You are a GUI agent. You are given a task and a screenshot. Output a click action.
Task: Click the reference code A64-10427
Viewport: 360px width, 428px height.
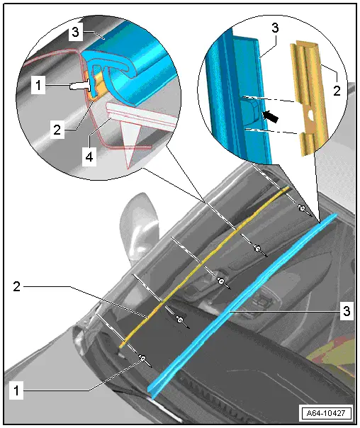click(x=325, y=412)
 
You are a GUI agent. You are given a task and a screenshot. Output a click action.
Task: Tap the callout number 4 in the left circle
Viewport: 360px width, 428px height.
click(x=89, y=157)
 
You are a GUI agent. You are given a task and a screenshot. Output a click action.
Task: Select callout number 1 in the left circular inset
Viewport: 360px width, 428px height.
click(x=38, y=85)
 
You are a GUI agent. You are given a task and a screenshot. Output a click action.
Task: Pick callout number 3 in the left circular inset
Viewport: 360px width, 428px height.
click(x=75, y=32)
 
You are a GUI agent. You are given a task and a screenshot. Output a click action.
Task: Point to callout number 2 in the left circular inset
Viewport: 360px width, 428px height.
click(x=57, y=130)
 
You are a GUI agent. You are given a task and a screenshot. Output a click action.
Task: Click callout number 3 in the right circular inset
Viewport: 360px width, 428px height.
click(x=275, y=28)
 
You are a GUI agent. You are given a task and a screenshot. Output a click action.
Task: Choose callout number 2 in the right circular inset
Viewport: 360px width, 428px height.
click(x=337, y=91)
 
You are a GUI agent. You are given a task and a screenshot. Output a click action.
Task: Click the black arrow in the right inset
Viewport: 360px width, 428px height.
click(x=270, y=116)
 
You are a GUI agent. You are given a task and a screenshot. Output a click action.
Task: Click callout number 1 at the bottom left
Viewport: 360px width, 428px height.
click(x=16, y=390)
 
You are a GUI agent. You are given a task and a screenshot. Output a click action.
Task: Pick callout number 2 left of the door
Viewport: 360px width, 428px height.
click(x=16, y=286)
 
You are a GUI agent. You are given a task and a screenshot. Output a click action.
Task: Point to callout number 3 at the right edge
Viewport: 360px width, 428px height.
click(x=346, y=310)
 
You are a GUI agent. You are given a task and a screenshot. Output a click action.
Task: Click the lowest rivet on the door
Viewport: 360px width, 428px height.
click(x=142, y=358)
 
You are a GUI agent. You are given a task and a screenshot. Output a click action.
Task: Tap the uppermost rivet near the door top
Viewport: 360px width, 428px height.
click(x=302, y=208)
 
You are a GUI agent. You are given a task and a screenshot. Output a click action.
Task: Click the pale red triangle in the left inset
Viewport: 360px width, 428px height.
click(x=130, y=138)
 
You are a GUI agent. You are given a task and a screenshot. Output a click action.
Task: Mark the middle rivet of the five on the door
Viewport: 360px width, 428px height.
click(x=221, y=281)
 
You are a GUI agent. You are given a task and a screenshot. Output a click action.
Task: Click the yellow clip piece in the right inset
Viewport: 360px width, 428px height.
click(x=309, y=97)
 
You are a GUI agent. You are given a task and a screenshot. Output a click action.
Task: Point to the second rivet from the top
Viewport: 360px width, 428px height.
click(x=257, y=248)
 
